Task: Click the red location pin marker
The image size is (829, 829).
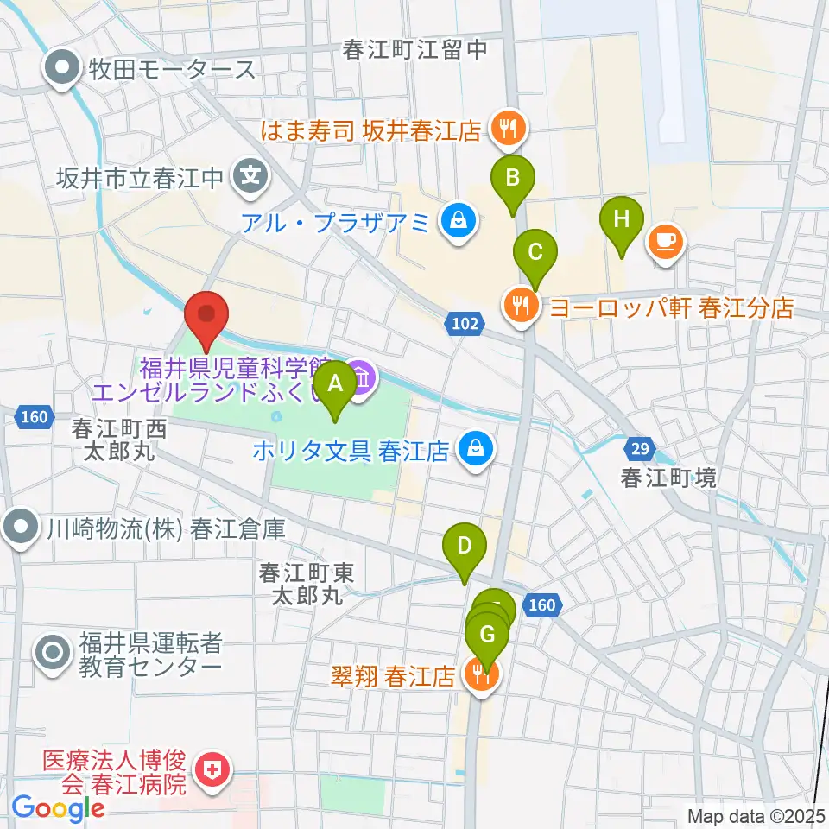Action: click(207, 318)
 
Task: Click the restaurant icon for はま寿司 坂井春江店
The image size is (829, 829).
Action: click(504, 130)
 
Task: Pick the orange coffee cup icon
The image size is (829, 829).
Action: click(665, 240)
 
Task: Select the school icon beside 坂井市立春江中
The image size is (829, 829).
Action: click(251, 179)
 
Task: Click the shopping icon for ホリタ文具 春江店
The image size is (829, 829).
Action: click(474, 449)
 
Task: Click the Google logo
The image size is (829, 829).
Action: click(58, 808)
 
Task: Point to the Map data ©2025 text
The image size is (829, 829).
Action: click(756, 814)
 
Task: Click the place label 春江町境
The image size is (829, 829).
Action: click(669, 478)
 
